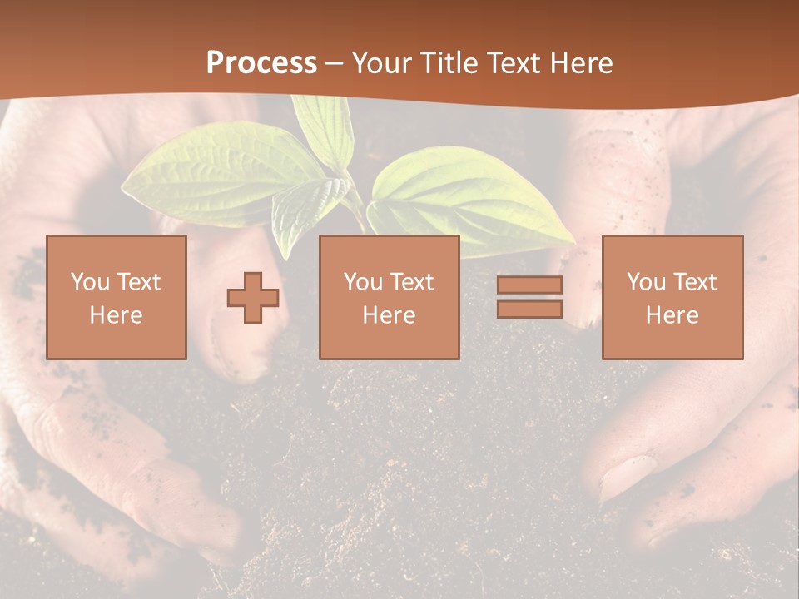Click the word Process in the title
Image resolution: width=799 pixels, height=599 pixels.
tap(261, 63)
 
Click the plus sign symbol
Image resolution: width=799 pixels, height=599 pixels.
tap(253, 298)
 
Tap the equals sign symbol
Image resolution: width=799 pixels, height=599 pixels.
tap(529, 297)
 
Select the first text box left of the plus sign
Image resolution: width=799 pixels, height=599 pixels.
tap(117, 297)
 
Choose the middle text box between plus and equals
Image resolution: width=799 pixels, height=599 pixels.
tap(390, 297)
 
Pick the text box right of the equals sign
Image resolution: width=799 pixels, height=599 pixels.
tap(672, 297)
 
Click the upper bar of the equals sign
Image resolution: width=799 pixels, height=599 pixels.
tap(529, 285)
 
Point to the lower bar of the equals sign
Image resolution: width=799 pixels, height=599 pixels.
tap(529, 309)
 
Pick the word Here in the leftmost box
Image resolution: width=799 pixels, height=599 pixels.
tap(117, 314)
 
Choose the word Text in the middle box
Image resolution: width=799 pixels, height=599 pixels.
tap(413, 282)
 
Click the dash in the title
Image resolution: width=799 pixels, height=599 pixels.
tap(335, 63)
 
